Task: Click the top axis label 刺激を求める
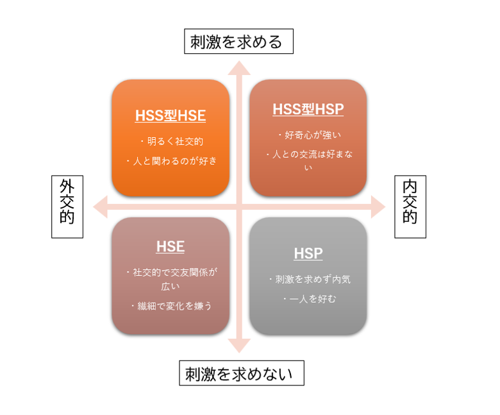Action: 237,42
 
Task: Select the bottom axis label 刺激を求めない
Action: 239,373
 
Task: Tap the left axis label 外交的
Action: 67,201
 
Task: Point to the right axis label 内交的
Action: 410,201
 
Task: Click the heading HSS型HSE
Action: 171,115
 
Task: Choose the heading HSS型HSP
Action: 308,109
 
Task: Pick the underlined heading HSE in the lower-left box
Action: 171,246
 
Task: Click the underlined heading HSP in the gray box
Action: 308,253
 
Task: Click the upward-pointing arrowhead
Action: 239,68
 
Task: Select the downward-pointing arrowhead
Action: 239,346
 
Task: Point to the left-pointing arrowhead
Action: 100,207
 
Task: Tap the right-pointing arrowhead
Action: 378,207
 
